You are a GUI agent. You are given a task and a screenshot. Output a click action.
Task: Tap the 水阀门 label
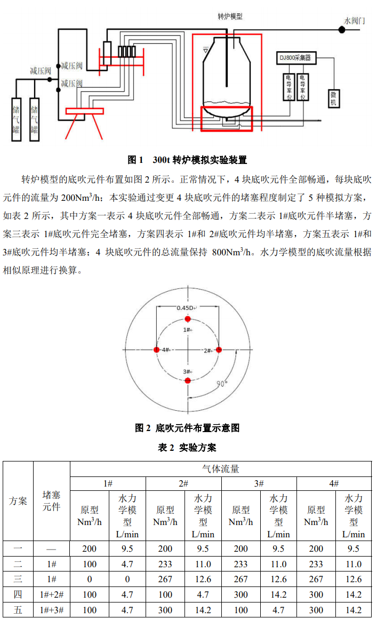(x=355, y=21)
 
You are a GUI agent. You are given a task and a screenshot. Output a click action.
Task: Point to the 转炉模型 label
(x=230, y=17)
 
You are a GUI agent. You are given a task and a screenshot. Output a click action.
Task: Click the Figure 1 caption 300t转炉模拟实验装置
(x=187, y=160)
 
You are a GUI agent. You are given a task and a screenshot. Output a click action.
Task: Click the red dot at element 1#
(x=187, y=319)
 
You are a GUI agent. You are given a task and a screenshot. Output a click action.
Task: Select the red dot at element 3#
(x=187, y=380)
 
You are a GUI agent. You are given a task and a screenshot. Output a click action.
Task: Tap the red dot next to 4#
(x=156, y=350)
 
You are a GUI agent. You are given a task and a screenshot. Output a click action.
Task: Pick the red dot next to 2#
(x=218, y=350)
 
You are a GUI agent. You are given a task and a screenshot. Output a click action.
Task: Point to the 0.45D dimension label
(x=186, y=308)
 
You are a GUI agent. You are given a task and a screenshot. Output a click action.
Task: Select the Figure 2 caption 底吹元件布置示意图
(x=187, y=428)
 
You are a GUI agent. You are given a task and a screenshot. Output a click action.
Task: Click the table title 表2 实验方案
(x=187, y=448)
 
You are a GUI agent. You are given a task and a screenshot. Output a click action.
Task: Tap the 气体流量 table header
(x=221, y=469)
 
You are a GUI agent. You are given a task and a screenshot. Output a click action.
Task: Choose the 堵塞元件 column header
(x=52, y=501)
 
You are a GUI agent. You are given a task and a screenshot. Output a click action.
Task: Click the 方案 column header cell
(x=18, y=501)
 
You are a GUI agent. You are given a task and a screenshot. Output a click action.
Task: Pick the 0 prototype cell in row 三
(x=90, y=579)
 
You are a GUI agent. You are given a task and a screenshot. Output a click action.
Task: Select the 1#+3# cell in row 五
(x=52, y=610)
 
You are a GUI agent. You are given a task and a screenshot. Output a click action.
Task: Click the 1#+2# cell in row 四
(x=52, y=594)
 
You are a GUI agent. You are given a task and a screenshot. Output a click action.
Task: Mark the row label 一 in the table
(x=18, y=549)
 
